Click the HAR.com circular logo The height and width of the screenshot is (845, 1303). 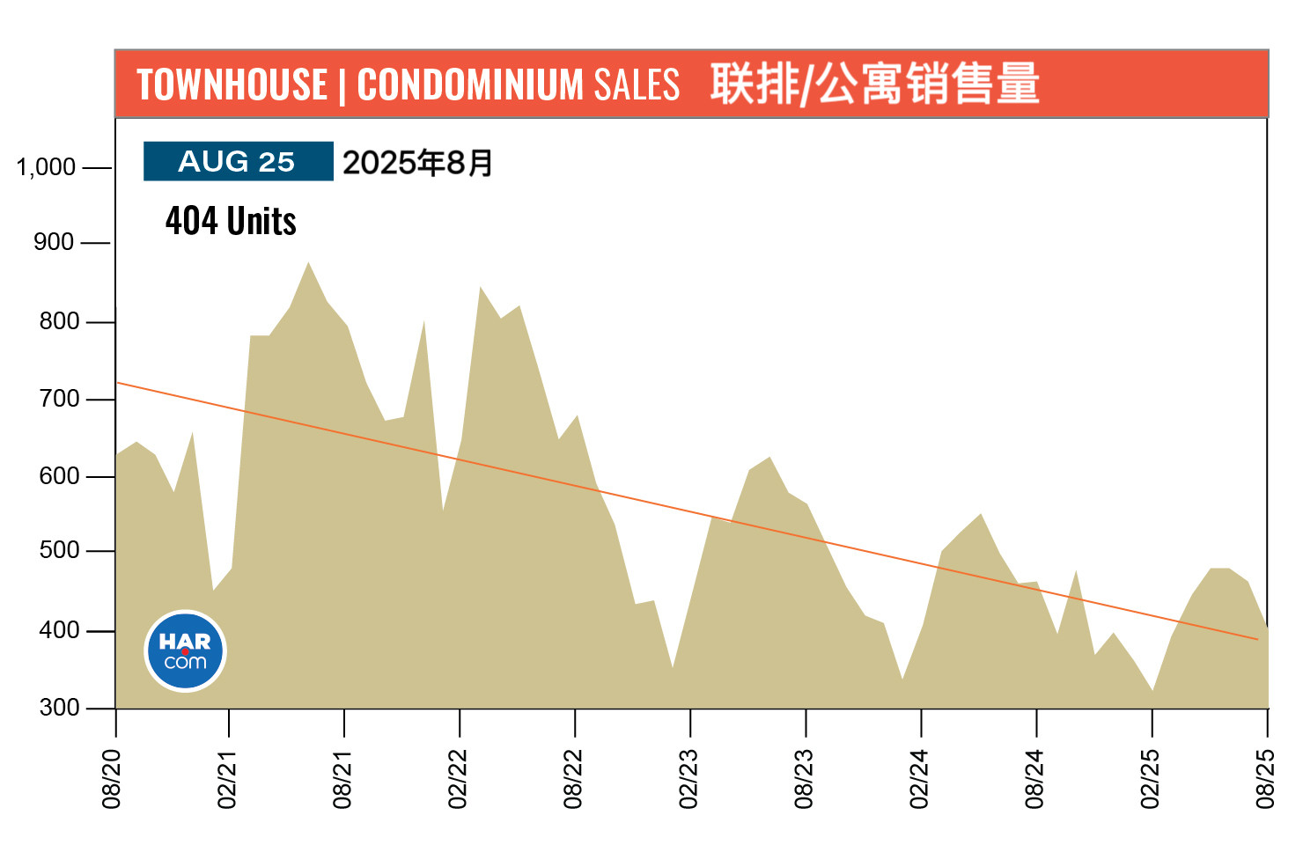pyautogui.click(x=185, y=650)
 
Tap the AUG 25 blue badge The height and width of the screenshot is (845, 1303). pyautogui.click(x=238, y=162)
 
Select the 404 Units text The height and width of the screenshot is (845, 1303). pyautogui.click(x=231, y=221)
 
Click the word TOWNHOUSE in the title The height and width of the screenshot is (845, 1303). pyautogui.click(x=232, y=85)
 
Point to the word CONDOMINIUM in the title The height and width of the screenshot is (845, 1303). pyautogui.click(x=470, y=85)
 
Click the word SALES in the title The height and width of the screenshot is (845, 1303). pyautogui.click(x=637, y=85)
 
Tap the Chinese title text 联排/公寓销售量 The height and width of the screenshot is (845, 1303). pyautogui.click(x=874, y=84)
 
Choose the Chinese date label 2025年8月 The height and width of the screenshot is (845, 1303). pyautogui.click(x=417, y=163)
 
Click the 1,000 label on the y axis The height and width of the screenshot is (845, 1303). pyautogui.click(x=46, y=167)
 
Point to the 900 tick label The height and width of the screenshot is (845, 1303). pyautogui.click(x=54, y=242)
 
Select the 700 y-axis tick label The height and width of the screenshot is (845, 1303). pyautogui.click(x=59, y=399)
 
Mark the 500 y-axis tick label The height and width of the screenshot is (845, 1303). pyautogui.click(x=59, y=550)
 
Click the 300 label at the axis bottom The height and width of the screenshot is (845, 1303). pyautogui.click(x=59, y=708)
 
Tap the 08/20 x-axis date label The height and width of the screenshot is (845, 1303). pyautogui.click(x=112, y=778)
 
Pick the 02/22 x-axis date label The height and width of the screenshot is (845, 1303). pyautogui.click(x=458, y=778)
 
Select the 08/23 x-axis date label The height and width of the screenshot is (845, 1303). pyautogui.click(x=804, y=778)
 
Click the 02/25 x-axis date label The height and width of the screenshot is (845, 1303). pyautogui.click(x=1150, y=778)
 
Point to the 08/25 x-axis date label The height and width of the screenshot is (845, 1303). pyautogui.click(x=1265, y=778)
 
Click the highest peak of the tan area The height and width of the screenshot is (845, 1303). pyautogui.click(x=308, y=263)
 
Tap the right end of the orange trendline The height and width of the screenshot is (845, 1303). pyautogui.click(x=1257, y=639)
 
